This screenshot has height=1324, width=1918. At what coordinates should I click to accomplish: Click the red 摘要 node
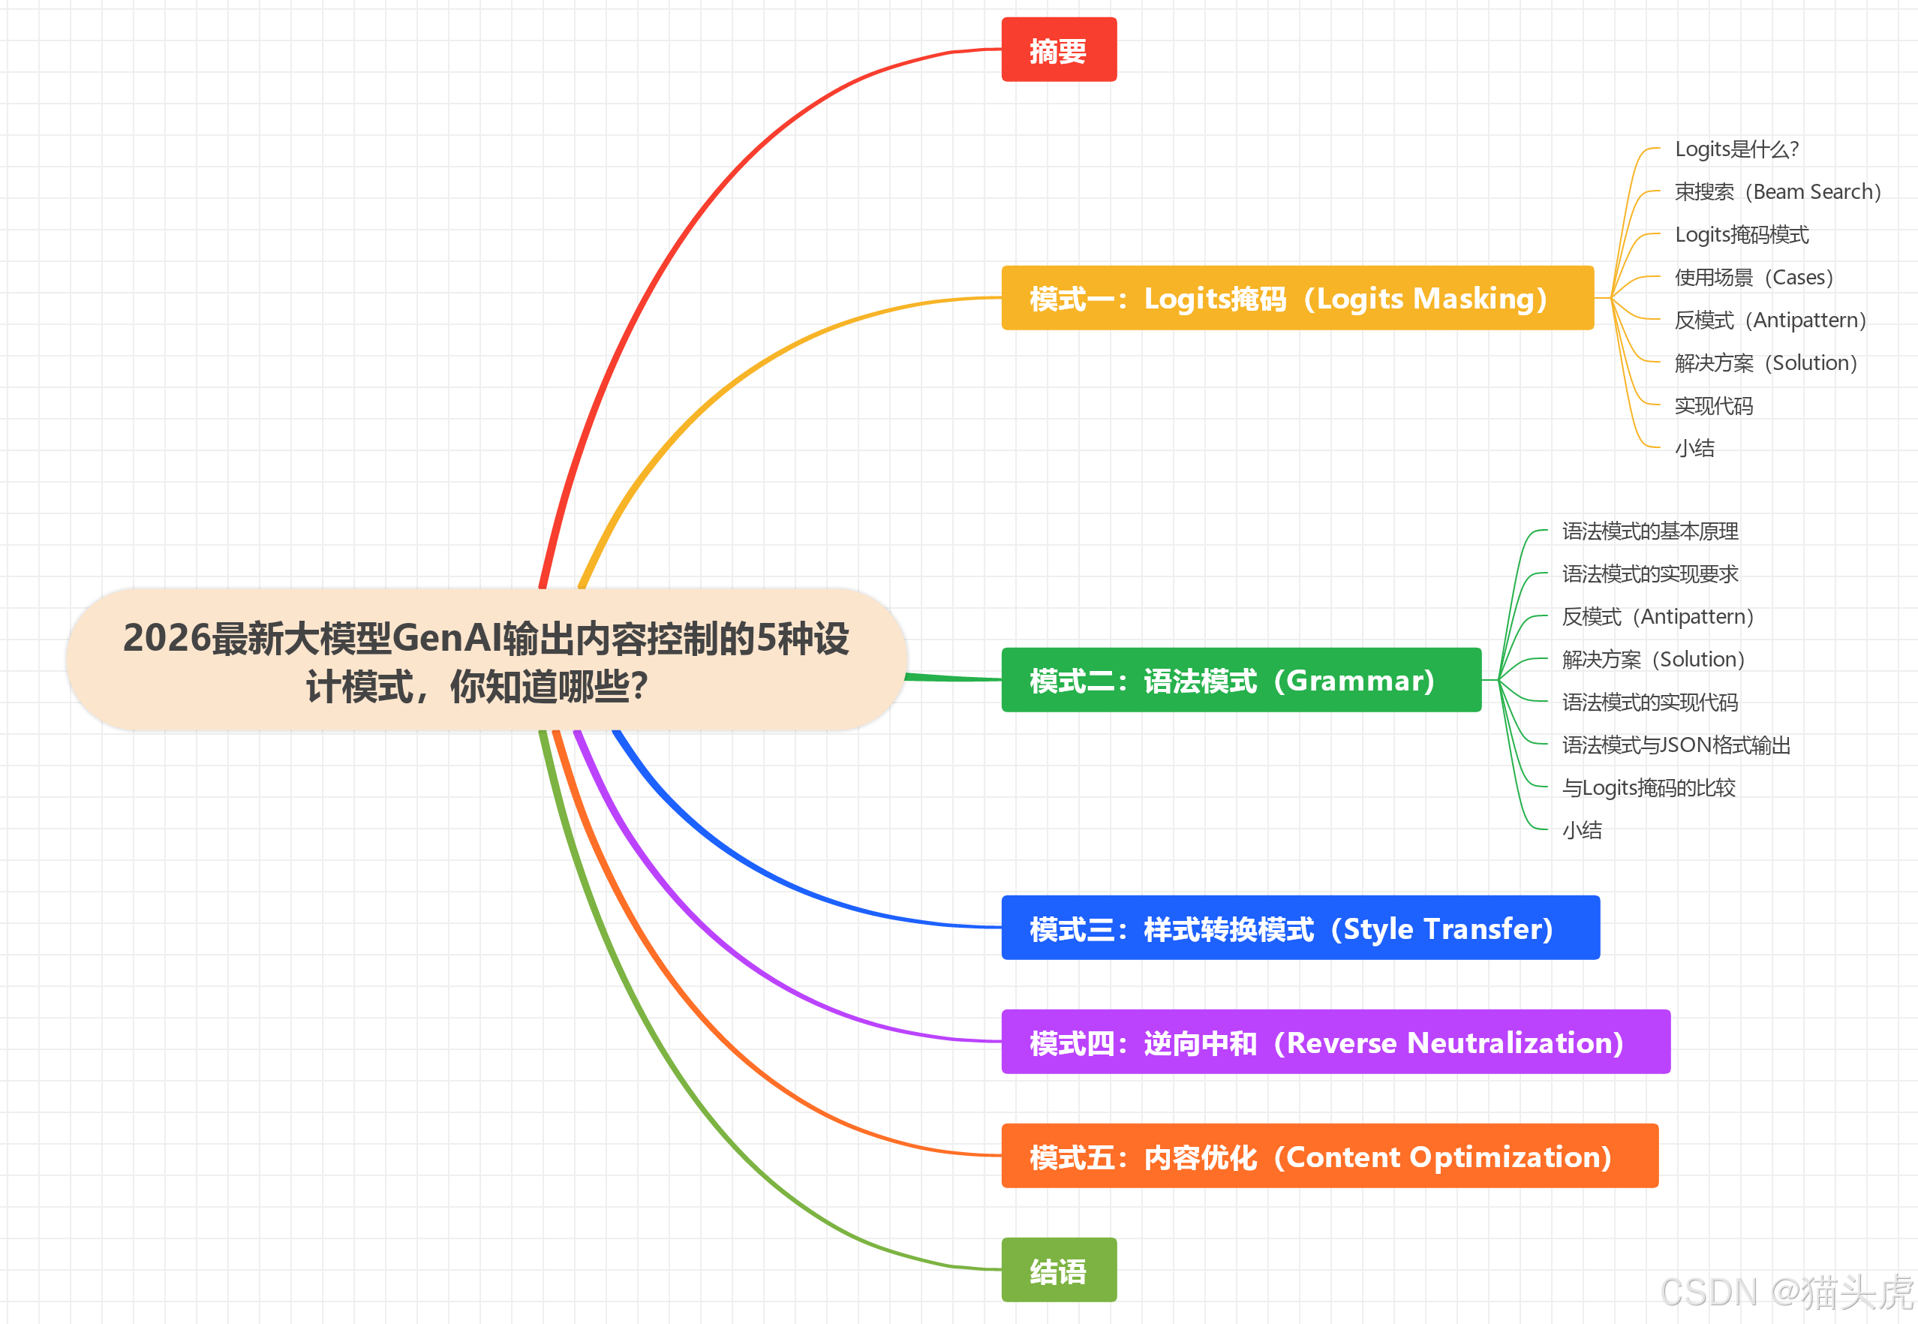pos(1058,50)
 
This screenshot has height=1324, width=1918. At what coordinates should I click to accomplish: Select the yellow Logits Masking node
pos(1296,298)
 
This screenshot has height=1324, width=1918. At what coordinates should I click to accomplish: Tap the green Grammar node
pos(1240,680)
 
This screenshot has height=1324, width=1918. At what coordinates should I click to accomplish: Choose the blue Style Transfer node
pos(1300,928)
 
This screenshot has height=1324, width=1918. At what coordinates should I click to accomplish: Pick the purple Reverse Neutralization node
pos(1335,1042)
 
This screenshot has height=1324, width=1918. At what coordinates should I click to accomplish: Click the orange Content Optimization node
pos(1328,1157)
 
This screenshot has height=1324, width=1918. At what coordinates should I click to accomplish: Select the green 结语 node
pos(1058,1270)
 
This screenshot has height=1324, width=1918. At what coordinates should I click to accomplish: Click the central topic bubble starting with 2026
pos(486,661)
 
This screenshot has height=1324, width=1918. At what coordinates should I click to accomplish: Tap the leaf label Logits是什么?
pos(1736,149)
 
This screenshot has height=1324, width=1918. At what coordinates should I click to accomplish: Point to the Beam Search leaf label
pos(1777,192)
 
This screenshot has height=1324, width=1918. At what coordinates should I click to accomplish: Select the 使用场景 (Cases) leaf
pos(1753,277)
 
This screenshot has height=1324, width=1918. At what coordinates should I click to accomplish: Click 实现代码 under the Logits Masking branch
pos(1713,405)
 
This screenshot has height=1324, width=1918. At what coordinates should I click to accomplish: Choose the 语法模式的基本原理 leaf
pos(1649,531)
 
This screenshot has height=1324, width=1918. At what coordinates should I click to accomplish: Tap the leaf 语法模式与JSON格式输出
pos(1676,745)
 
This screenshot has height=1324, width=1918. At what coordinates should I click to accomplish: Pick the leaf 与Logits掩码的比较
pos(1648,787)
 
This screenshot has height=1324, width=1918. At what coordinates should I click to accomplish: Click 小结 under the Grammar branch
pos(1581,830)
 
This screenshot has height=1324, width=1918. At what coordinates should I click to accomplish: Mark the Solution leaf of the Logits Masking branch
pos(1766,363)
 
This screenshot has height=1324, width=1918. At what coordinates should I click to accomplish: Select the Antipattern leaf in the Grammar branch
pos(1657,616)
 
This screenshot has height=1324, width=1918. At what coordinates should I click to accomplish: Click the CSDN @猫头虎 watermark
pos(1786,1292)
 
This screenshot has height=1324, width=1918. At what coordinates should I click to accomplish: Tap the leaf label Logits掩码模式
pos(1742,235)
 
